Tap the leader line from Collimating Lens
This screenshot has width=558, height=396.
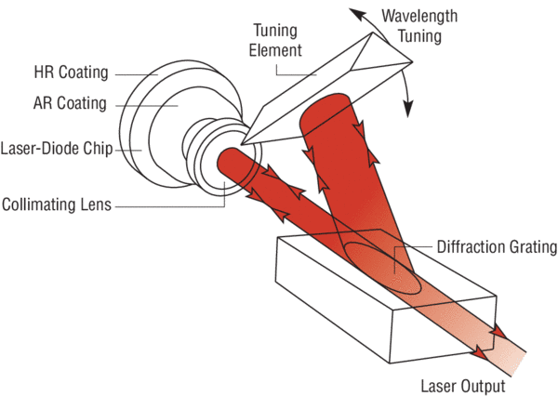(x=177, y=204)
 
